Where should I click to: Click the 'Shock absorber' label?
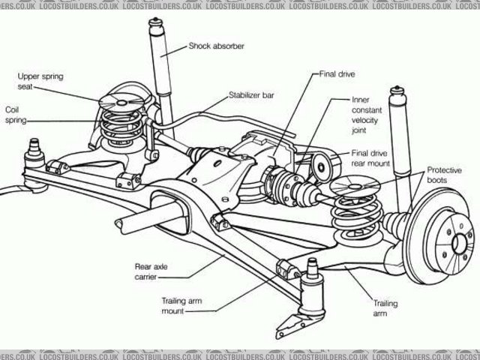pos(216,45)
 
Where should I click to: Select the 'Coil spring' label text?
pos(16,114)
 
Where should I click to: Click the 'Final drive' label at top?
pos(337,74)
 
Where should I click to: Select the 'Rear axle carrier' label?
pos(149,271)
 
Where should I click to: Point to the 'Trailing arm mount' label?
pos(180,305)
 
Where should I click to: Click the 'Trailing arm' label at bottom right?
pos(385,308)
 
